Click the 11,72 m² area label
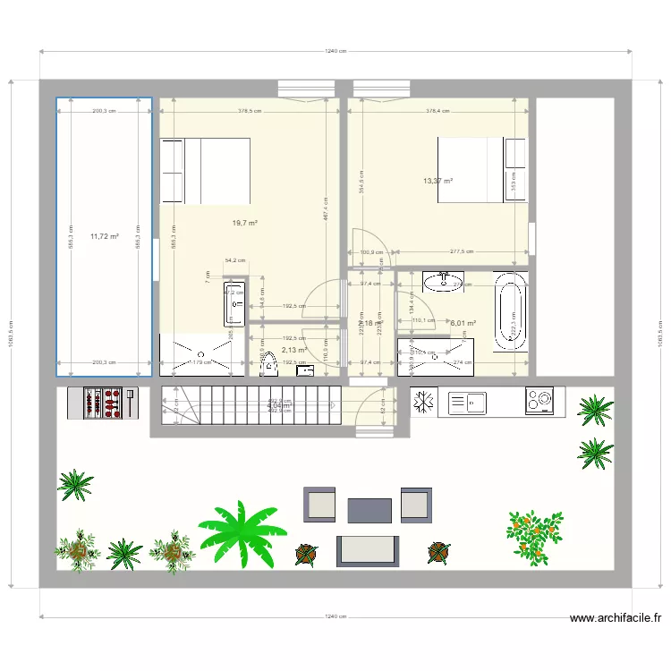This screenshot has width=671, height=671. pyautogui.click(x=105, y=236)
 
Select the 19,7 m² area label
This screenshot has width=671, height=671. pyautogui.click(x=245, y=223)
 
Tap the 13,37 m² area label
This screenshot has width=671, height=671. pyautogui.click(x=437, y=181)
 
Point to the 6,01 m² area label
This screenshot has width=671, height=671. pyautogui.click(x=463, y=324)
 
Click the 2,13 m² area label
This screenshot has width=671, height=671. pyautogui.click(x=293, y=351)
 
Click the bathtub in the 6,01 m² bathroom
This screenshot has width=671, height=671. pyautogui.click(x=511, y=312)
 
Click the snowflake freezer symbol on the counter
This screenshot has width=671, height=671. pyautogui.click(x=425, y=403)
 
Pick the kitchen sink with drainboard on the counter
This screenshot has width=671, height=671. pyautogui.click(x=467, y=402)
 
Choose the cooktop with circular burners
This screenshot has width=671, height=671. pyautogui.click(x=539, y=401)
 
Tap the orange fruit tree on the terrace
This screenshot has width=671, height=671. pyautogui.click(x=534, y=536)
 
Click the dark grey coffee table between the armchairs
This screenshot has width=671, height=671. pyautogui.click(x=369, y=510)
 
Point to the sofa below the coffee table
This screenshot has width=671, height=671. pyautogui.click(x=368, y=549)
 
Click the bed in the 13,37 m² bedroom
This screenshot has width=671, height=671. pyautogui.click(x=469, y=170)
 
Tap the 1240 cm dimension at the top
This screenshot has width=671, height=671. pyautogui.click(x=335, y=52)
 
